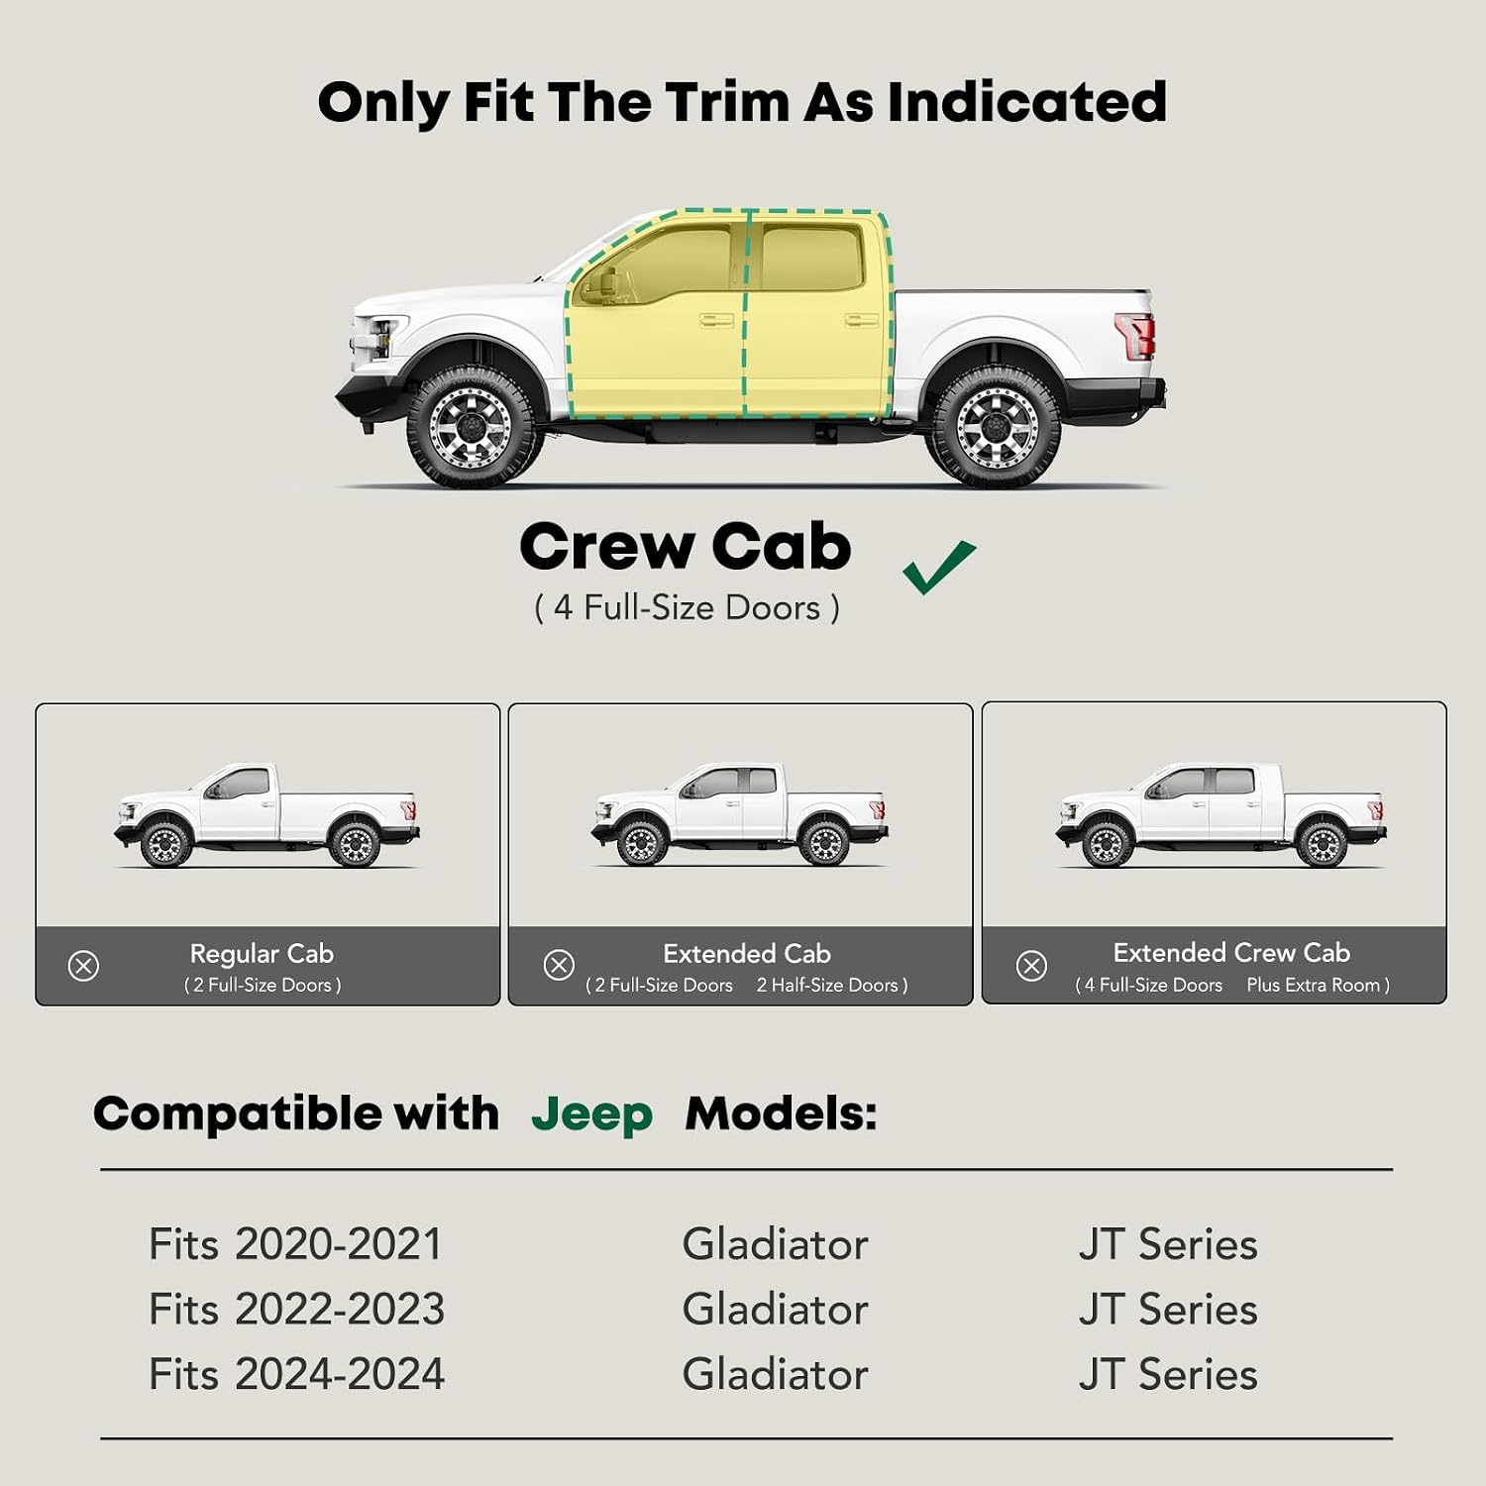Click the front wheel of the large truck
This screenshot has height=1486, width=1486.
(x=474, y=427)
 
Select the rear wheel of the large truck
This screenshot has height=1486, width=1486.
(x=994, y=427)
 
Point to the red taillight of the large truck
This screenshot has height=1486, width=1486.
(x=1135, y=335)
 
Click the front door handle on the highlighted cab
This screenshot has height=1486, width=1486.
(x=715, y=320)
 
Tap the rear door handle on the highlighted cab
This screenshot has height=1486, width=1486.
(x=861, y=320)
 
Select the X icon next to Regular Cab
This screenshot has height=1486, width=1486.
(x=83, y=966)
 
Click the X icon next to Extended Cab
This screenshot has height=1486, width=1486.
(x=559, y=965)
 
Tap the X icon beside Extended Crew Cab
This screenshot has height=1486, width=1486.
(x=1031, y=965)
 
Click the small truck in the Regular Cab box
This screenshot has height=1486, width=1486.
(x=266, y=814)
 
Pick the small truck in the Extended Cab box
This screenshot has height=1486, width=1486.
(x=740, y=814)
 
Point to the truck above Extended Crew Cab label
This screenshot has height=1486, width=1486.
(x=1221, y=814)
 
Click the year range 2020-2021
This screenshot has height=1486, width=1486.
(x=338, y=1244)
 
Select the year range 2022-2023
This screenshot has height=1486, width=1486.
(x=340, y=1310)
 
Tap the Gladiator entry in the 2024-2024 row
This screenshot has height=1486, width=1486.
(x=775, y=1375)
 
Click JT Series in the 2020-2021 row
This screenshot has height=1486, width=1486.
(x=1168, y=1244)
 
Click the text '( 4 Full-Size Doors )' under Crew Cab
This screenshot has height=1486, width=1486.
(x=687, y=607)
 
